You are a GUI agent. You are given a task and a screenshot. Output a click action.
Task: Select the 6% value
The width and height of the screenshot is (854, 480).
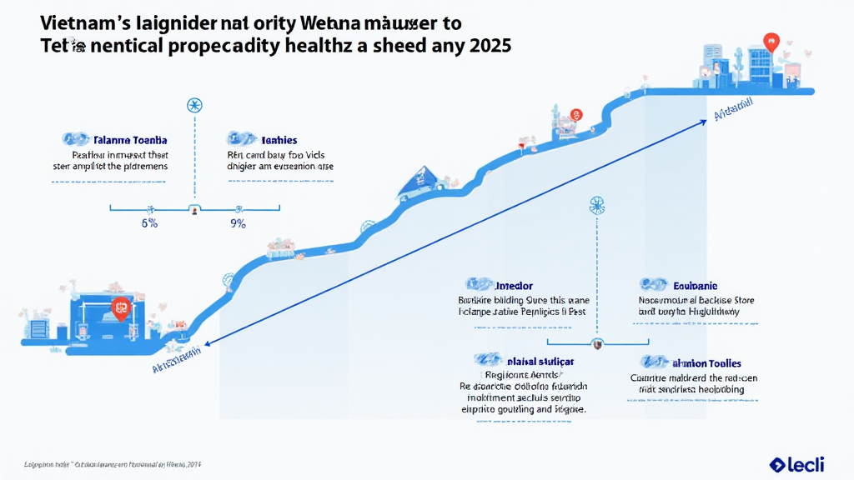coord(148,223)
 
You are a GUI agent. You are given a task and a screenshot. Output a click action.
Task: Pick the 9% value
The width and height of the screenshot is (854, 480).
coord(238,223)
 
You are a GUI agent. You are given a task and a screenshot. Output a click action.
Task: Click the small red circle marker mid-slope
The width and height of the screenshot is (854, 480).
coord(575,115)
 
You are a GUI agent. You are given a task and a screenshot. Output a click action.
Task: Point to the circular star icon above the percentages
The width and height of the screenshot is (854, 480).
coord(194,105)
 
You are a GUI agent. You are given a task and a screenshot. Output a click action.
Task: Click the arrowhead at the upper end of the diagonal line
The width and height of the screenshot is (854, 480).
coord(716,117)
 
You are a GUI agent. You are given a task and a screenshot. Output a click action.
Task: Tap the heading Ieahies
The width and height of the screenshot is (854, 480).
coord(279,140)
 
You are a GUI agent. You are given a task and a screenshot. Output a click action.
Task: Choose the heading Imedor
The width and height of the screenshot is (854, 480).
coord(514,286)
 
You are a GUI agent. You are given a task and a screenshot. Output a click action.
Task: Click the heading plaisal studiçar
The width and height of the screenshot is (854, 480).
coord(540,362)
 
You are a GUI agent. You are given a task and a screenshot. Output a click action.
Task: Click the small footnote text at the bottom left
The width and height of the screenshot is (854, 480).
coord(113,463)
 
